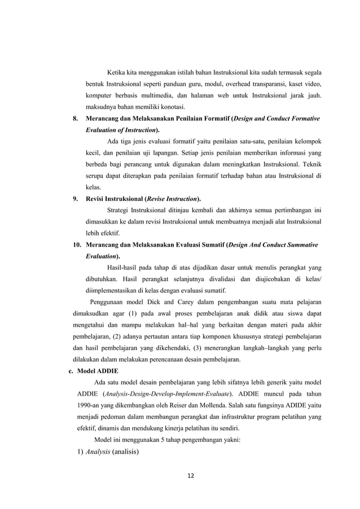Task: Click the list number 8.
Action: (x=76, y=119)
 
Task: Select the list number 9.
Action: (x=76, y=199)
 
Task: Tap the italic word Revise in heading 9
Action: (x=160, y=199)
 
